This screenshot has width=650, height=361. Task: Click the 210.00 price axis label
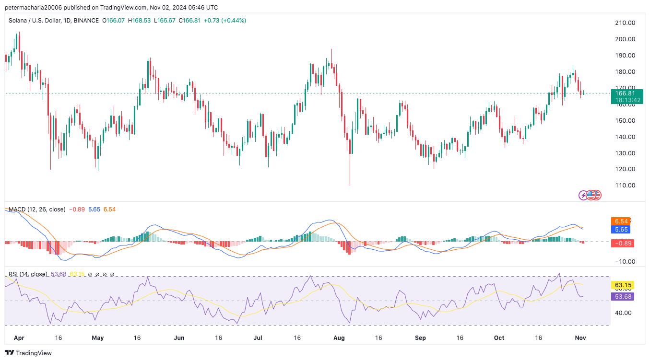[x=625, y=23]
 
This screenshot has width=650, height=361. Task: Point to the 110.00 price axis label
[x=625, y=186]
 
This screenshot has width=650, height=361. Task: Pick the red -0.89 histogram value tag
[x=622, y=243]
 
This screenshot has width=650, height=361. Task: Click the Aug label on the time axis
[x=339, y=338]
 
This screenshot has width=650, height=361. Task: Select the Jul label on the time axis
[x=258, y=338]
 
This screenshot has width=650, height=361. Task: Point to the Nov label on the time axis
[x=580, y=338]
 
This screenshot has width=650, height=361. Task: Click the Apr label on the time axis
[x=19, y=338]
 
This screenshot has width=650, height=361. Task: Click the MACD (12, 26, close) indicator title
[x=37, y=210]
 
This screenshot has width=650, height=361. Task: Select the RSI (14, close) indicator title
[x=28, y=274]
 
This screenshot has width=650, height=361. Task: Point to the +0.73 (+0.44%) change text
[x=225, y=21]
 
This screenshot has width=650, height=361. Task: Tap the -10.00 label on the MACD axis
[x=625, y=261]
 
